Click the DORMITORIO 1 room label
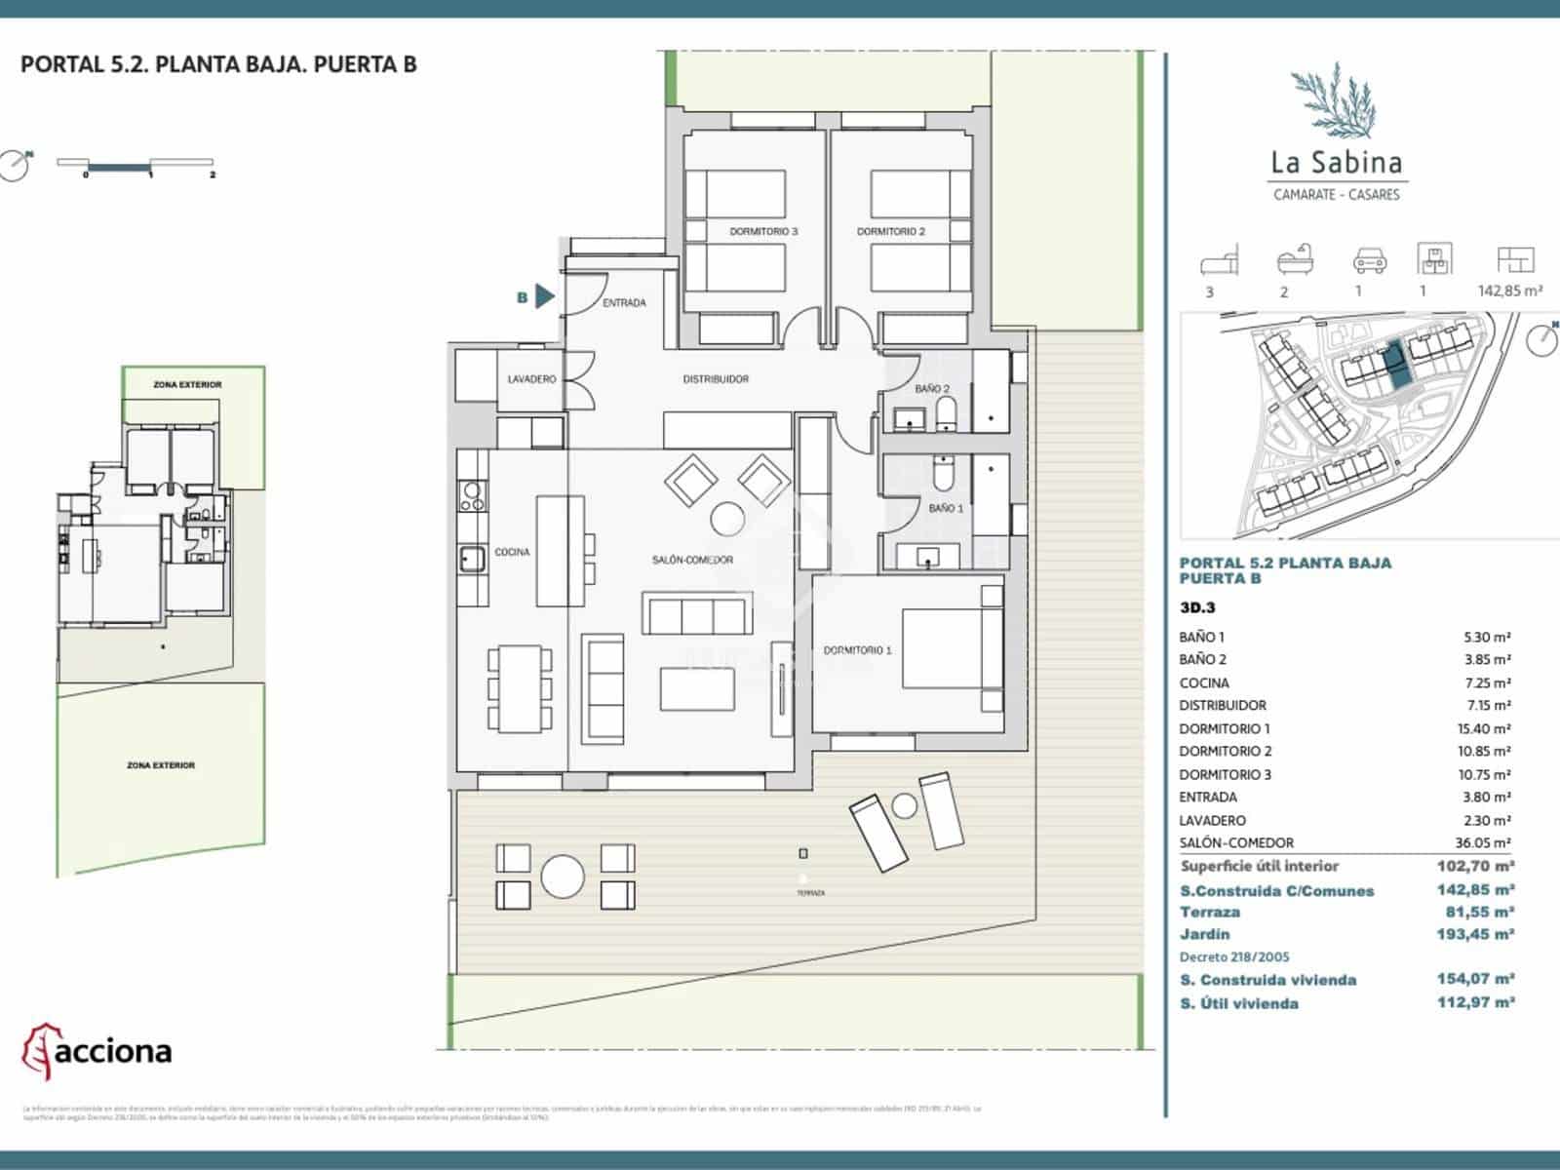(857, 650)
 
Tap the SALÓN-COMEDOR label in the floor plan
(692, 560)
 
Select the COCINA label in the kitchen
(512, 552)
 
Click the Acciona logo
(97, 1051)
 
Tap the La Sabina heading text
(1337, 162)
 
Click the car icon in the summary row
(1369, 260)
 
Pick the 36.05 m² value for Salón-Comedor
(1482, 843)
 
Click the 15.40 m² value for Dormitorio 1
(1482, 728)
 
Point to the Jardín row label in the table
(1205, 934)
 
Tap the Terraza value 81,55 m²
(1478, 912)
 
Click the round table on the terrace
(563, 876)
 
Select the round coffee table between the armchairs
(728, 519)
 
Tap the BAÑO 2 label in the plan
(932, 389)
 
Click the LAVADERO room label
(531, 379)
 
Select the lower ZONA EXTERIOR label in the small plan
(161, 765)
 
